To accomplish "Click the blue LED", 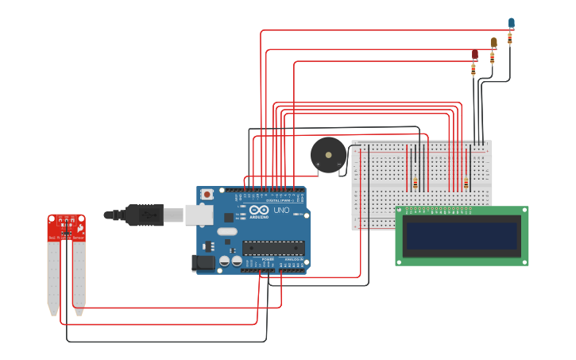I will pyautogui.click(x=511, y=23).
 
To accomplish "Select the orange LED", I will pyautogui.click(x=493, y=42).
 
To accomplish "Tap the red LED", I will pyautogui.click(x=475, y=54).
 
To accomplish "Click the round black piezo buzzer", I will pyautogui.click(x=328, y=155).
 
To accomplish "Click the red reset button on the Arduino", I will pyautogui.click(x=207, y=194).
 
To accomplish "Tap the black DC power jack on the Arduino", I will pyautogui.click(x=203, y=263).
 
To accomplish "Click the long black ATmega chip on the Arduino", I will pyautogui.click(x=273, y=248).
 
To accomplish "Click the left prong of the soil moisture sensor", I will pyautogui.click(x=53, y=278).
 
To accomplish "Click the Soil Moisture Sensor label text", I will pyautogui.click(x=65, y=238).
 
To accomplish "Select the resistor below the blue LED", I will pyautogui.click(x=510, y=37).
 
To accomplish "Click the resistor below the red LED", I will pyautogui.click(x=474, y=70).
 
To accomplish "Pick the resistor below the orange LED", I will pyautogui.click(x=493, y=57).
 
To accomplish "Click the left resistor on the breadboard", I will pyautogui.click(x=416, y=183).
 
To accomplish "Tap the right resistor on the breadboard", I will pyautogui.click(x=466, y=184).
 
